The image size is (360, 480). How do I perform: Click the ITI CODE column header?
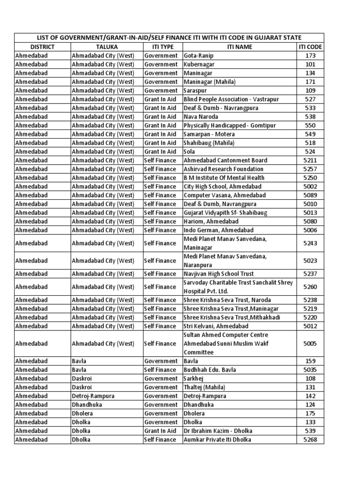point(310,47)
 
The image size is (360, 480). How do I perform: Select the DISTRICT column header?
point(42,47)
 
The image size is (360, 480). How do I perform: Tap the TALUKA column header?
point(107,47)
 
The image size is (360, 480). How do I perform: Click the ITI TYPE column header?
point(163,47)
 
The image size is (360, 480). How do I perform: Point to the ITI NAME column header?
point(239,47)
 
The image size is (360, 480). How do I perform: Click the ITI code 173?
point(310,56)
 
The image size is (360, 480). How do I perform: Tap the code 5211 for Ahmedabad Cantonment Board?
point(310,160)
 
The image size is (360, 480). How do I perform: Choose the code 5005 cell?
point(310,344)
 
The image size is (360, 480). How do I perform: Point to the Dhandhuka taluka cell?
point(87,405)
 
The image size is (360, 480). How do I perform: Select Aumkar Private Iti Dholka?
point(217,440)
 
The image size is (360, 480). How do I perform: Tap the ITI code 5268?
point(310,440)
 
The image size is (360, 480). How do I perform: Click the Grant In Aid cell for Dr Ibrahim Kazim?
point(160,431)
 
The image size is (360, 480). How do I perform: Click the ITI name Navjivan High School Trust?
point(218,274)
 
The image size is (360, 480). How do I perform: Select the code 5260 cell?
point(310,287)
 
